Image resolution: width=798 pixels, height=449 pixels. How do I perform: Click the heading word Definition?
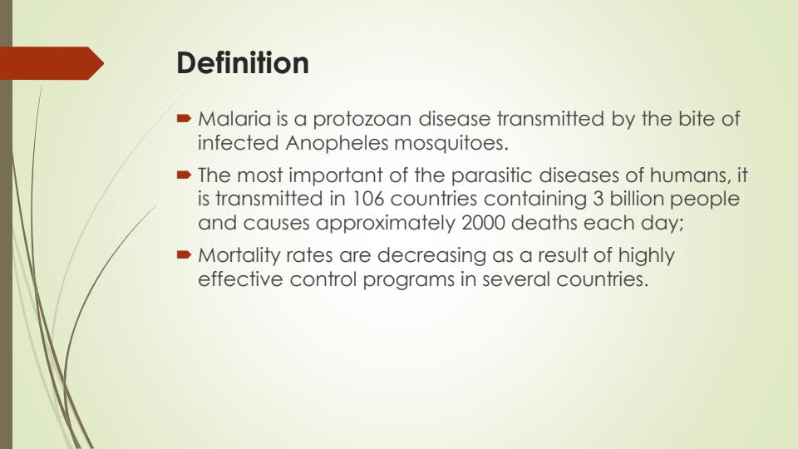pos(243,63)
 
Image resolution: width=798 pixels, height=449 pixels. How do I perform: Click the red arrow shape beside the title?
pos(50,63)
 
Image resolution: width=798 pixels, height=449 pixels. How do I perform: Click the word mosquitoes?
pos(450,143)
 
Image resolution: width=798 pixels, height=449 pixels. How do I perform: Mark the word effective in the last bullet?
pos(240,279)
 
